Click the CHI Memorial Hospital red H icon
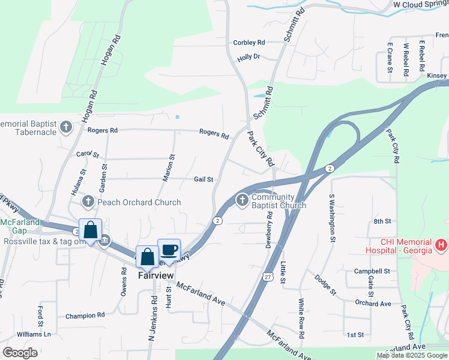point(441,245)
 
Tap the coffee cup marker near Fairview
point(169,250)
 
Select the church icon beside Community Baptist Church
point(242,200)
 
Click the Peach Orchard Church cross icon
point(88,202)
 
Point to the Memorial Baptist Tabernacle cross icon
point(66,127)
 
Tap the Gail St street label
point(203,179)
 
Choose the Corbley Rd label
point(249,43)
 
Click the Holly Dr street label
point(248,57)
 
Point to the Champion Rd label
point(85,316)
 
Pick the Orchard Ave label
point(373,304)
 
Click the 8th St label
point(382,221)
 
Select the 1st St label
point(355,335)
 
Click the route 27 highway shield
point(267,275)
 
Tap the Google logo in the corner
point(20,353)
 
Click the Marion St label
point(172,168)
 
